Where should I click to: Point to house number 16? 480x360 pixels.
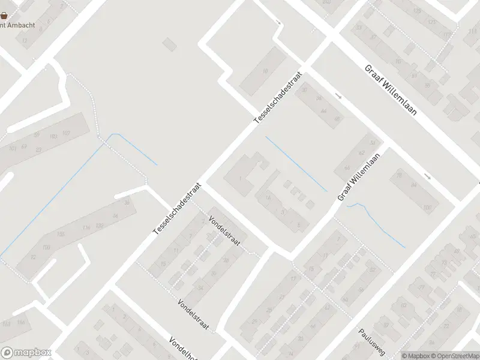point(265,72)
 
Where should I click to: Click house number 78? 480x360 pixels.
point(399,176)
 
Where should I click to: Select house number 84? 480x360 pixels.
point(413,185)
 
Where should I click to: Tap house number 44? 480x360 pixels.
point(323,111)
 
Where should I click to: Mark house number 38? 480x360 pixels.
point(127,203)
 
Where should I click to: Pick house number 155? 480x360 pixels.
point(61,234)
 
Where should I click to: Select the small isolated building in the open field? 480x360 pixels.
point(170,44)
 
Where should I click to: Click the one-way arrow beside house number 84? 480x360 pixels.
point(427,176)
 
